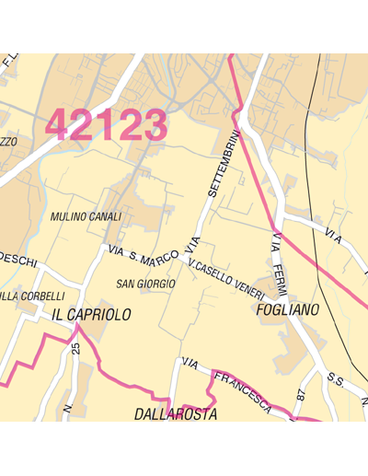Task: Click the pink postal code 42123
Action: [107, 125]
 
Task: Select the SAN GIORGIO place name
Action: [145, 284]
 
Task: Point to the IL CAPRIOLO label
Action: [91, 315]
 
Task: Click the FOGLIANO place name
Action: [286, 310]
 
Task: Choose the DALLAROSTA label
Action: [176, 415]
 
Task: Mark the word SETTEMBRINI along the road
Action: [224, 164]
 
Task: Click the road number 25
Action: [77, 349]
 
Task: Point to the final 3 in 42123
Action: [154, 125]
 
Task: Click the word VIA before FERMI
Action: [275, 244]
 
